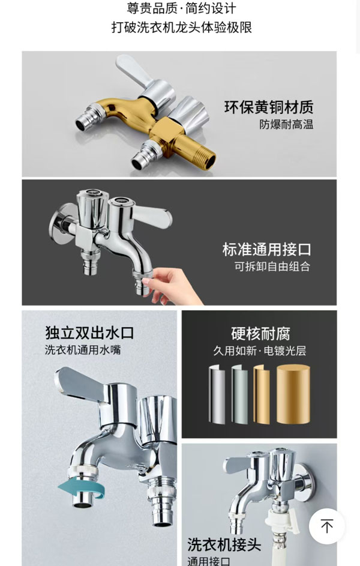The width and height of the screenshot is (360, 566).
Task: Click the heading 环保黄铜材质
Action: point(269,107)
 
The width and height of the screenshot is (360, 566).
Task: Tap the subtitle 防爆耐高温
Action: point(286,124)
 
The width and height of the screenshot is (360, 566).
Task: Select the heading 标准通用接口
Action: point(266,249)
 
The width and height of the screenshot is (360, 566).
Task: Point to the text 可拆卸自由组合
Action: point(272,266)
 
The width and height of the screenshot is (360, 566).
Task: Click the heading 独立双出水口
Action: point(89,333)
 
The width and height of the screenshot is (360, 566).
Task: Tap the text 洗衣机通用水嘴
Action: point(83,350)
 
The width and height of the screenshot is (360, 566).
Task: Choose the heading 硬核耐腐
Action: point(260,334)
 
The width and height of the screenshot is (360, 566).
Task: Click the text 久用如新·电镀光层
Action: point(259,351)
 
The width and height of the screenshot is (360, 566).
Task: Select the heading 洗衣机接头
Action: point(224,544)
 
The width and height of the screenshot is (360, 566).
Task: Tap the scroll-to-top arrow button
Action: point(327,526)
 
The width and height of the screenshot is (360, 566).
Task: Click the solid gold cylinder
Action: point(293,394)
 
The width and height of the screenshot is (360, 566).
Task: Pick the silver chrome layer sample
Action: point(217,395)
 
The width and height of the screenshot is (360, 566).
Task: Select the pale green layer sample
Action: point(240,394)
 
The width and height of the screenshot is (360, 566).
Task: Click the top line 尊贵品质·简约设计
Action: point(181,8)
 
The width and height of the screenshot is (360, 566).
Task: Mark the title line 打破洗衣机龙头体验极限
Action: point(181,28)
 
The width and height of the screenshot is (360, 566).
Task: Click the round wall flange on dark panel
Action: point(59,223)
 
